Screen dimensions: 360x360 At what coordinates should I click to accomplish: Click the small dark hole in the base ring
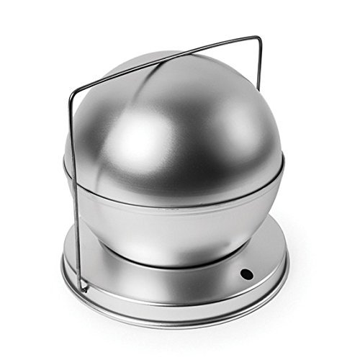(x=246, y=274)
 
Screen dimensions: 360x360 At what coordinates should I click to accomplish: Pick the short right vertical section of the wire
(x=259, y=61)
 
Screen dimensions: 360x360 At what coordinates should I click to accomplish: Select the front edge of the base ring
(x=173, y=317)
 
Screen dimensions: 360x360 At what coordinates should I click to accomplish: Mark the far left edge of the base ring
(x=63, y=266)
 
